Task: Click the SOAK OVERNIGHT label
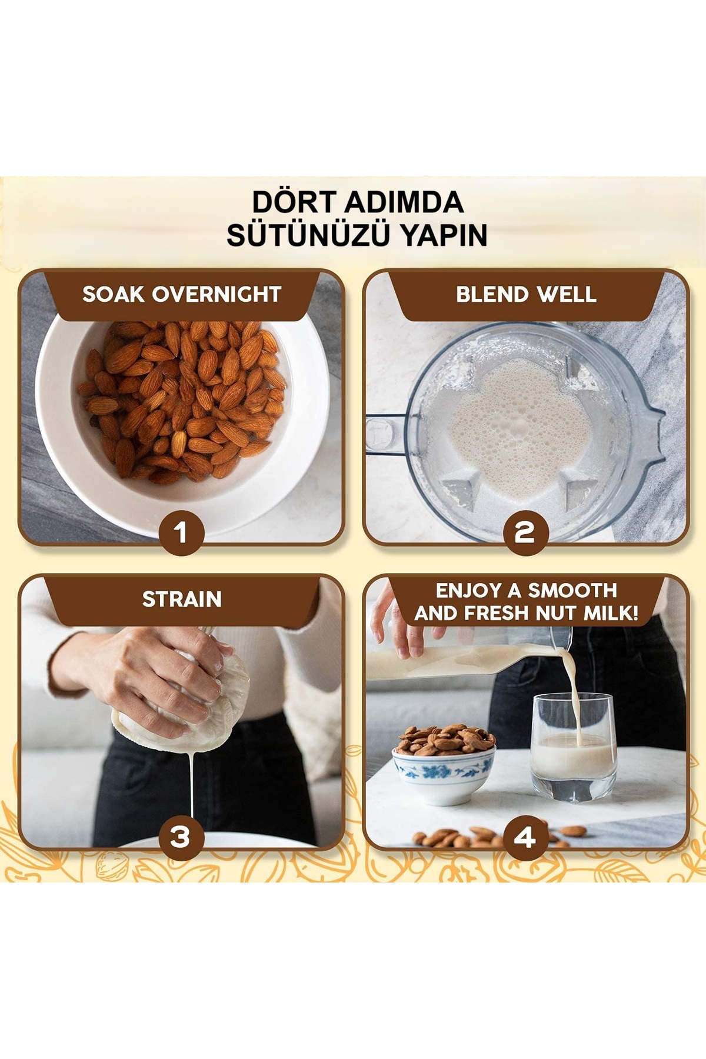coord(182,294)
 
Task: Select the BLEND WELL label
coord(526,294)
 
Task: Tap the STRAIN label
coord(182,599)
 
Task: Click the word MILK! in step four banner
coord(611,613)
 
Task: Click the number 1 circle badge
coord(181,533)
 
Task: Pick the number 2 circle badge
coord(525,533)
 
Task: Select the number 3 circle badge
coord(181,837)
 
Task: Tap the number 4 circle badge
coord(525,837)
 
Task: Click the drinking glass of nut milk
coord(574,747)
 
